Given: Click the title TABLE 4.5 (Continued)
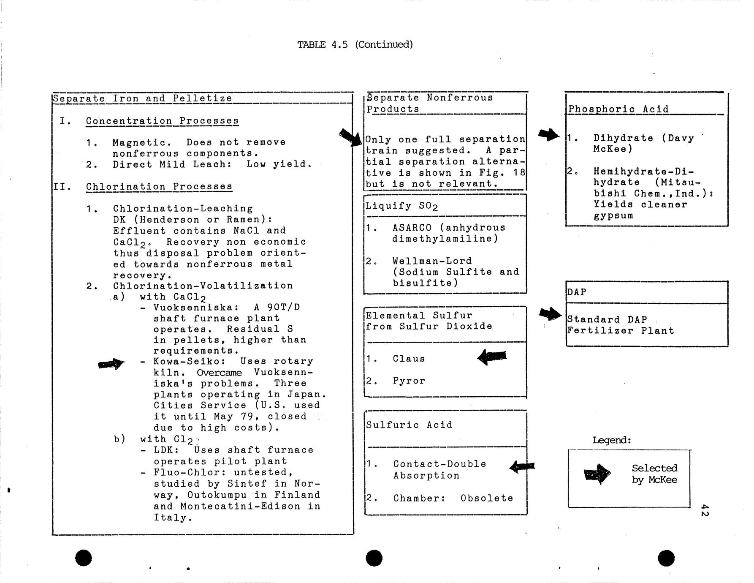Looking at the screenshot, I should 355,44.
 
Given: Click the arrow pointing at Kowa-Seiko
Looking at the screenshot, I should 111,364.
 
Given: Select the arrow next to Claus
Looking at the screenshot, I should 492,357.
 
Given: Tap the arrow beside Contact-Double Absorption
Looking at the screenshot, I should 522,466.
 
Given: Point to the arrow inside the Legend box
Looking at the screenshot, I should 597,474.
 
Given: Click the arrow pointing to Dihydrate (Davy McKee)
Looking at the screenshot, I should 549,135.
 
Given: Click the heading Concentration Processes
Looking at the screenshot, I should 162,121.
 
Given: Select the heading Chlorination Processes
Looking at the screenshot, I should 159,187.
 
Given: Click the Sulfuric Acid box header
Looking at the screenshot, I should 409,425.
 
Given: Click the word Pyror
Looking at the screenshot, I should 409,381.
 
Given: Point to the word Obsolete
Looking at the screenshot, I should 487,498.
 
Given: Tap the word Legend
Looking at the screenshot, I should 612,440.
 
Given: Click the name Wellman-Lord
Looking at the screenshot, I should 432,261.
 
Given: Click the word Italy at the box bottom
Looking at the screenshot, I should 173,518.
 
